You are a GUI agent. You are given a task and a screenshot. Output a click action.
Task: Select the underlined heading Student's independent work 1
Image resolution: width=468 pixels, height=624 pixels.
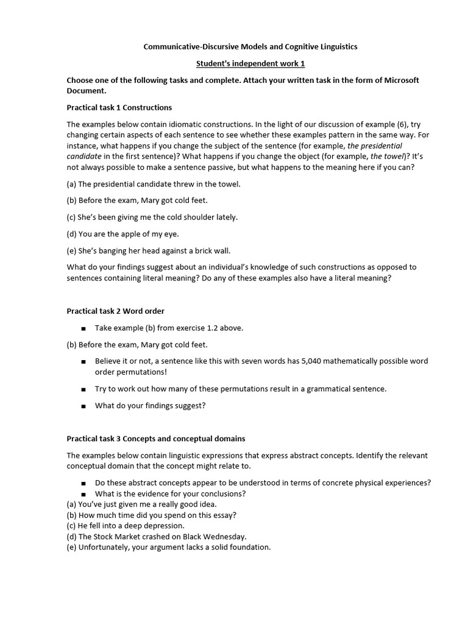pyautogui.click(x=250, y=63)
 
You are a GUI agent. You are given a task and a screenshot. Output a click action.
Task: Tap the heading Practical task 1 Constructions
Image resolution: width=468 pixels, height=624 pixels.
pyautogui.click(x=119, y=107)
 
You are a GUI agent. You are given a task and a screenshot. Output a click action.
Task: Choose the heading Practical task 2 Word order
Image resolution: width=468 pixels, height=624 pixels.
pyautogui.click(x=115, y=311)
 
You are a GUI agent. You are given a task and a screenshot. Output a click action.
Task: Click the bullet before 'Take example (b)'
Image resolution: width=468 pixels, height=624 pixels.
pyautogui.click(x=83, y=328)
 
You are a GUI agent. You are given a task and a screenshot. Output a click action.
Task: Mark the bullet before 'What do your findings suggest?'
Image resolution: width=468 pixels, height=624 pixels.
pyautogui.click(x=83, y=406)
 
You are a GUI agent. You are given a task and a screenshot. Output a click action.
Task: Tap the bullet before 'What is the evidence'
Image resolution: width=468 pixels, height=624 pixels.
pyautogui.click(x=83, y=494)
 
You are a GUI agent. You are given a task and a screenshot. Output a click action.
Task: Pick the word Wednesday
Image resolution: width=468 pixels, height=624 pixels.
pyautogui.click(x=224, y=536)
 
